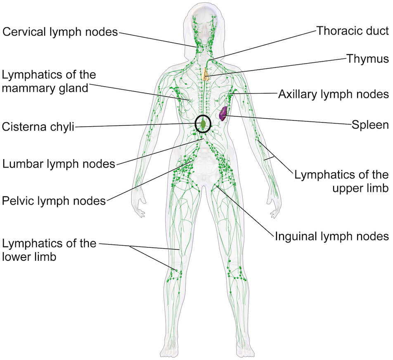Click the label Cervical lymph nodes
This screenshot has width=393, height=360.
60,31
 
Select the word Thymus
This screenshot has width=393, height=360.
367,58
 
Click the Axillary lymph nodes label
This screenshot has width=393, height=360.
333,94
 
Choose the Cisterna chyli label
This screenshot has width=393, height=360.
38,126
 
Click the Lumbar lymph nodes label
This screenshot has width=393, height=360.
58,164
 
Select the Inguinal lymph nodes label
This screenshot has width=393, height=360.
332,236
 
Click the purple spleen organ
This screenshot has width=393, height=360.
223,113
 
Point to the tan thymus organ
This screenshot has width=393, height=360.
205,74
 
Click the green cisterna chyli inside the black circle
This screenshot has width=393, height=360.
203,123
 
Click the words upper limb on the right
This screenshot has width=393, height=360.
355,188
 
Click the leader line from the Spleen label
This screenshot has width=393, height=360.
289,120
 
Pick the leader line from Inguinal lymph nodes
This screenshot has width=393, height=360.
244,211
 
